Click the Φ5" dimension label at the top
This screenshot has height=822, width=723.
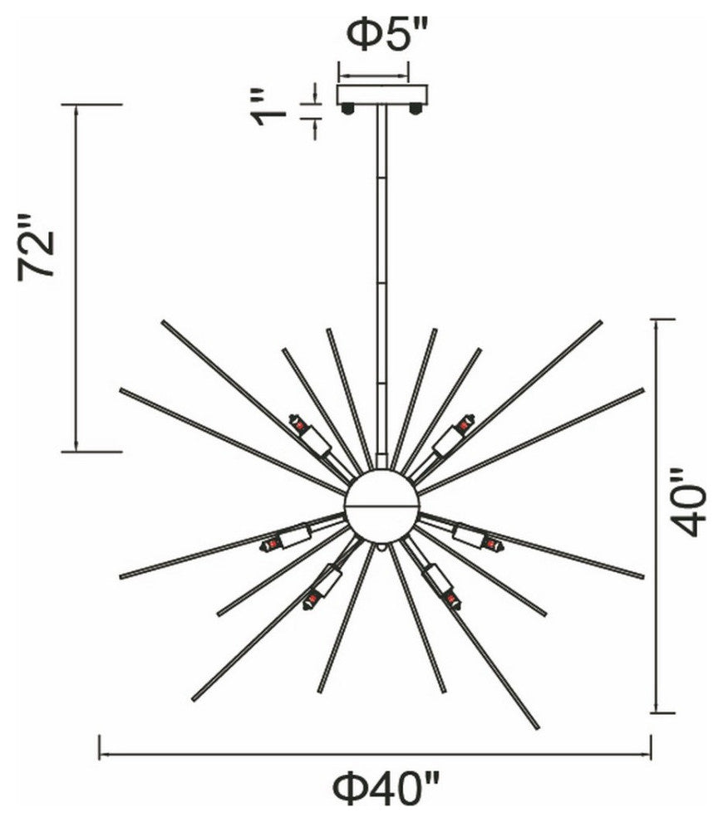coord(388,35)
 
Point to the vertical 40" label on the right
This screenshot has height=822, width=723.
coord(688,502)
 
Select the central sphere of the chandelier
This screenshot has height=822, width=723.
coord(382,506)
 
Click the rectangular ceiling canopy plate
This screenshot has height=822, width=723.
coord(382,95)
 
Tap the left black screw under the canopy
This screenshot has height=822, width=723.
coord(347,109)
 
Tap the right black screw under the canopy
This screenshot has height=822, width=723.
coord(416,109)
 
